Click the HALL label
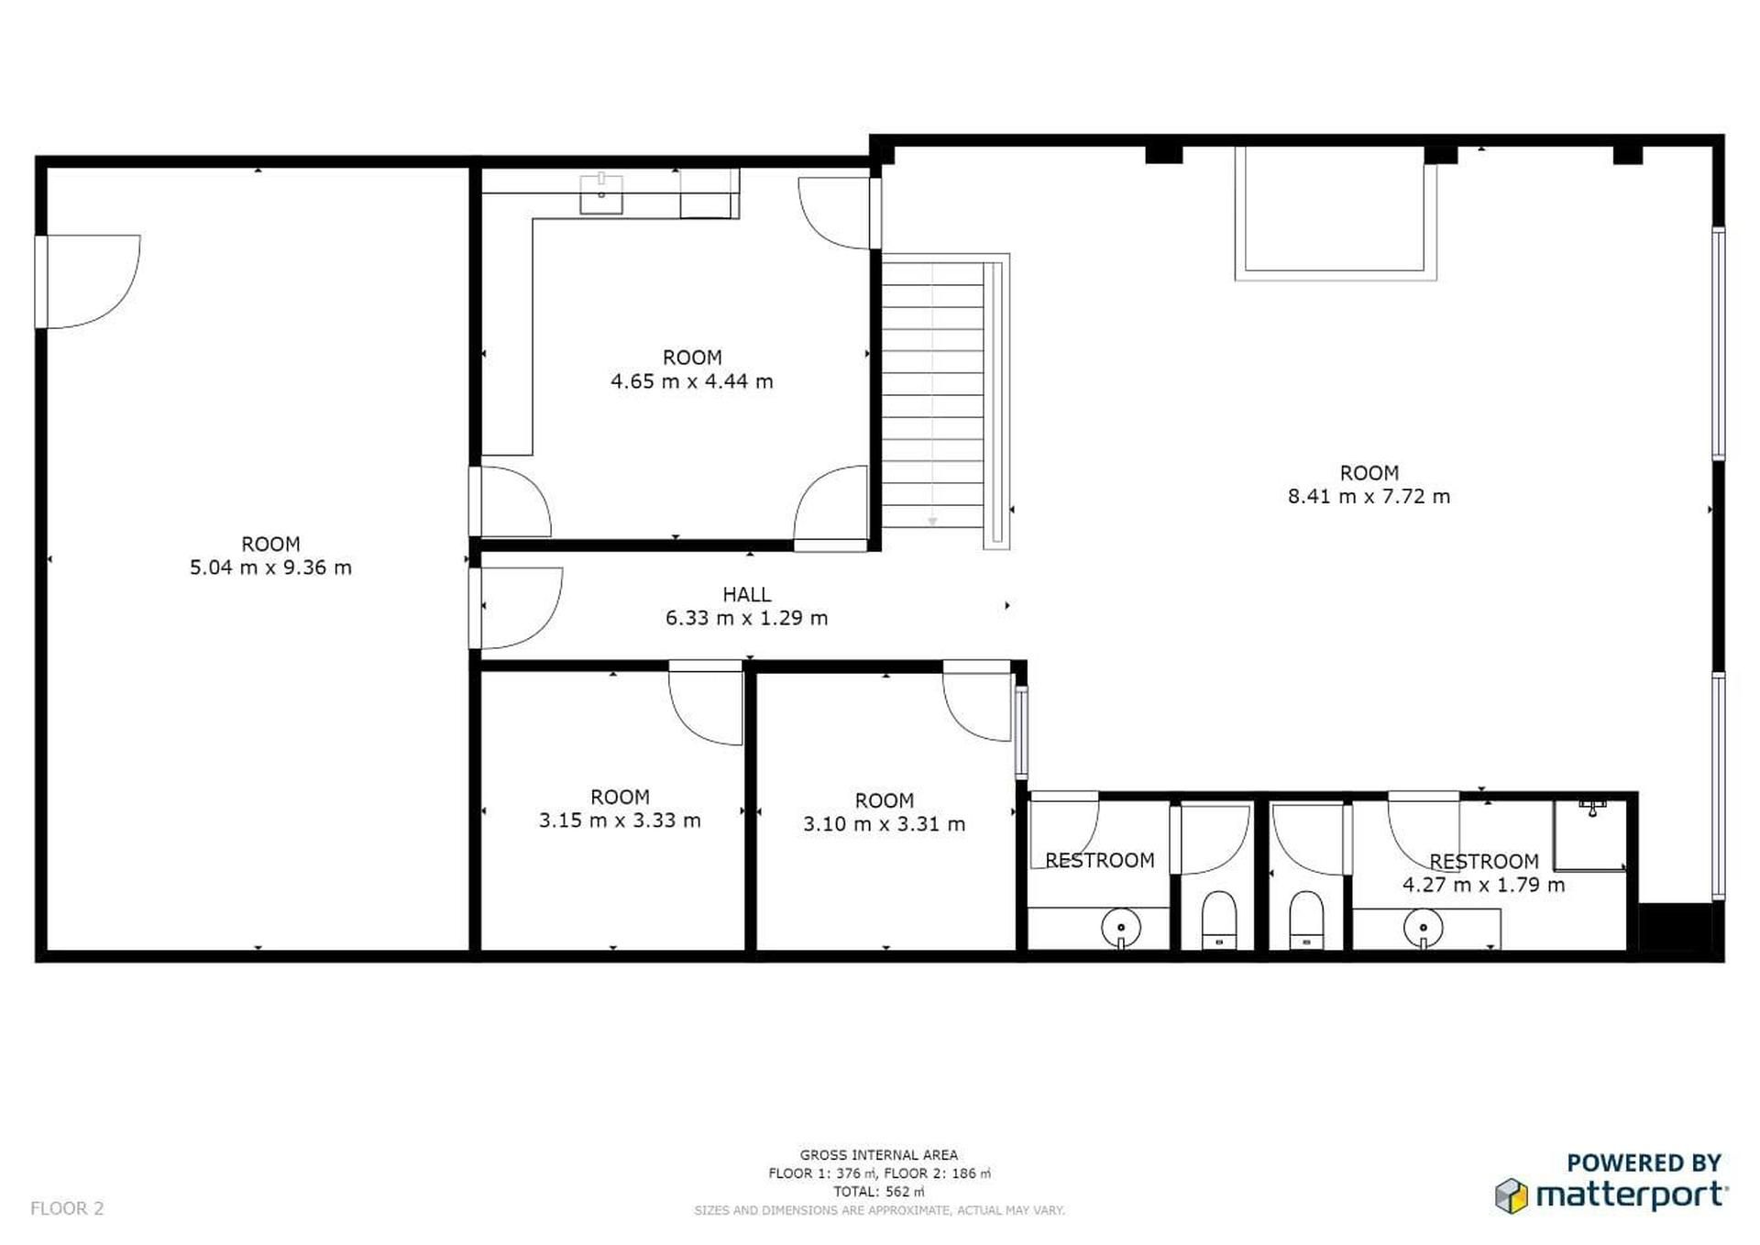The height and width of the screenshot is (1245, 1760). point(746,594)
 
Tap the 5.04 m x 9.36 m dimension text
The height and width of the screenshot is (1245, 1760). point(270,567)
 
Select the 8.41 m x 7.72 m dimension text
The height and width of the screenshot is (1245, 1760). point(1369,497)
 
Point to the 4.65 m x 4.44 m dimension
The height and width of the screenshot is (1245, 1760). point(692,381)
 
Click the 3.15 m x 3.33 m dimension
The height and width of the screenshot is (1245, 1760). point(620,821)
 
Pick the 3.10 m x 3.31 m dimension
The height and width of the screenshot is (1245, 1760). point(884,824)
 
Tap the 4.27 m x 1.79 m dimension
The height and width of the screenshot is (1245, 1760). point(1483,885)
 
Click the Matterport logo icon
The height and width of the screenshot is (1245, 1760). point(1512,1195)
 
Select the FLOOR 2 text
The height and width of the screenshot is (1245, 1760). point(67,1208)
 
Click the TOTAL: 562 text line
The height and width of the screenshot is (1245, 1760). point(878,1192)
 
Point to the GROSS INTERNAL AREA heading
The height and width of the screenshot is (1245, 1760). point(878,1155)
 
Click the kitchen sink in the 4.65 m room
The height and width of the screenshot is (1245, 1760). point(601,193)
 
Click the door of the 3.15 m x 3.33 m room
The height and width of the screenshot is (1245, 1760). point(705,702)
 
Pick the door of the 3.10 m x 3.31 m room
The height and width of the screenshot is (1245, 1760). point(977,701)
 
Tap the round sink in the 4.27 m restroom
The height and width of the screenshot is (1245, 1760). point(1423,928)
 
